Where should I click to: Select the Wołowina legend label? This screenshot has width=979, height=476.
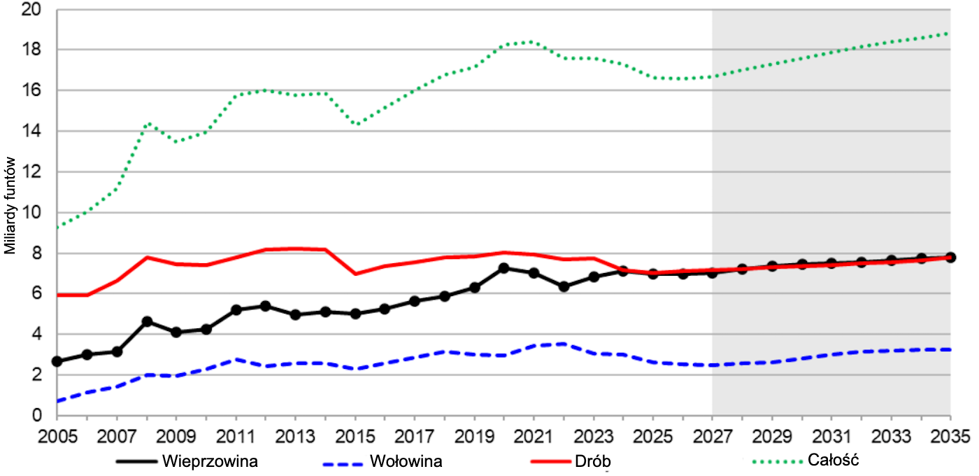click(406, 461)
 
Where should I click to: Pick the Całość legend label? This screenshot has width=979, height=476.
click(832, 461)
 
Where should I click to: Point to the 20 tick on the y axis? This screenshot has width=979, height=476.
click(31, 10)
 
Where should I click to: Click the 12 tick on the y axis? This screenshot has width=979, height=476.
click(31, 172)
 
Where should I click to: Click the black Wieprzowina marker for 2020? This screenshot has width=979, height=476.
click(504, 268)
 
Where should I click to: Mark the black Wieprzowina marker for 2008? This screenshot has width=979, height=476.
click(147, 321)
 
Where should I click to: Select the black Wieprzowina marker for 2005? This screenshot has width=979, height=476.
click(57, 361)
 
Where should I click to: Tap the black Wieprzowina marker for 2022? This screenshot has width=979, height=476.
click(564, 286)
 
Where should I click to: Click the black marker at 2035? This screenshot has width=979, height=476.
click(950, 257)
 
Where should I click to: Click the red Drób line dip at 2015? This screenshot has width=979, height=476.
click(355, 273)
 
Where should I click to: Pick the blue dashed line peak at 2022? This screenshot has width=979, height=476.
click(564, 344)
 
